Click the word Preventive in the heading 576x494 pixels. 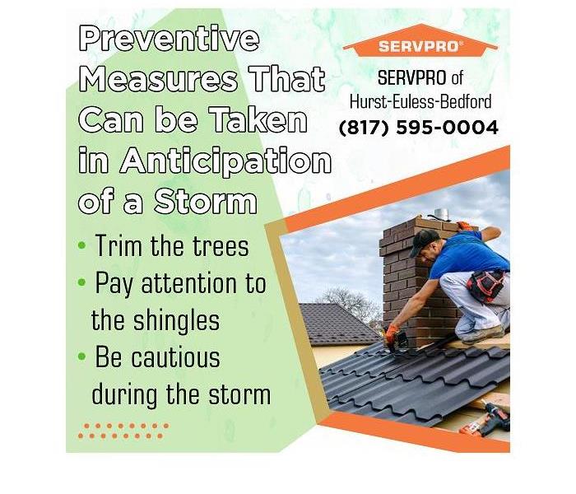170,38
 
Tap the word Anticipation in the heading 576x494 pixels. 226,161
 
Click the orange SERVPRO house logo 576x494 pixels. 420,41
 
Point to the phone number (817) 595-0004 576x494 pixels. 418,128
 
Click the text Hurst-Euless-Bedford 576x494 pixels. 420,101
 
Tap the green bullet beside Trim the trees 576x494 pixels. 82,245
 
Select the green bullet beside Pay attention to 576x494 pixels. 82,282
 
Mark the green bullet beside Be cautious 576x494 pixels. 82,357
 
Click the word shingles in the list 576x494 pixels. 176,322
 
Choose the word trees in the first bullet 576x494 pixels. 221,245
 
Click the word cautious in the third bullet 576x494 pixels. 175,357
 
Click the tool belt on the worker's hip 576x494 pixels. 485,285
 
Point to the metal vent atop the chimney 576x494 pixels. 441,214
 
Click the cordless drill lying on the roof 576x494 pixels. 485,421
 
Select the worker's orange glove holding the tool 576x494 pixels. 392,333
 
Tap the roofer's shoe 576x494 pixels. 482,333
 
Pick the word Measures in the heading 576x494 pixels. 158,79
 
